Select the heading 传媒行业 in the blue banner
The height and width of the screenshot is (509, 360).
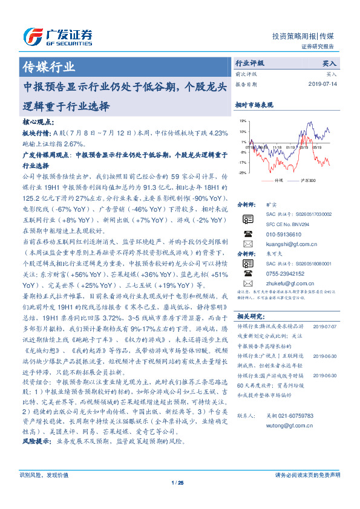[49, 66]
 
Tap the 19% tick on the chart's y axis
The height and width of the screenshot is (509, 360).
[242, 122]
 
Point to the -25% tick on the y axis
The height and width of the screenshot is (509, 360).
[242, 173]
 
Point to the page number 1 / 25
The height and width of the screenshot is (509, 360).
[179, 499]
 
